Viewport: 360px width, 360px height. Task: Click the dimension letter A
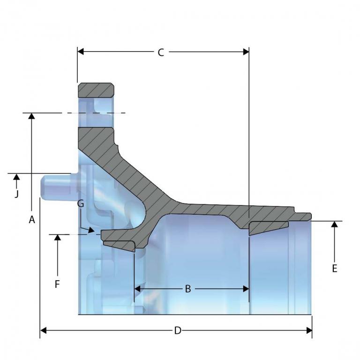click(x=32, y=219)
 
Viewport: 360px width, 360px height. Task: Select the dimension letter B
click(x=187, y=289)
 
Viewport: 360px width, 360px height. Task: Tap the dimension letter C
click(x=160, y=52)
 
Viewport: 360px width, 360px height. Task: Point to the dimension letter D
click(x=177, y=330)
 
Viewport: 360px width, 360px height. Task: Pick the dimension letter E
click(x=334, y=268)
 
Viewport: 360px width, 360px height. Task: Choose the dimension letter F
click(x=57, y=284)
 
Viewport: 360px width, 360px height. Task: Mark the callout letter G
click(x=80, y=203)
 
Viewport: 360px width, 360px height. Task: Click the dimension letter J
click(x=16, y=193)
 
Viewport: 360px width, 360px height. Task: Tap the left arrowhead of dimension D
click(x=44, y=330)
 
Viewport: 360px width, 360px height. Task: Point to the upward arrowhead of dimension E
click(x=334, y=224)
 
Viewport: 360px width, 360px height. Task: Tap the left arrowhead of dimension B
click(x=137, y=289)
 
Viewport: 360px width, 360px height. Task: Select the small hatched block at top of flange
click(x=96, y=90)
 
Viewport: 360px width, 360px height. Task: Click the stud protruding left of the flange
click(x=56, y=186)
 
